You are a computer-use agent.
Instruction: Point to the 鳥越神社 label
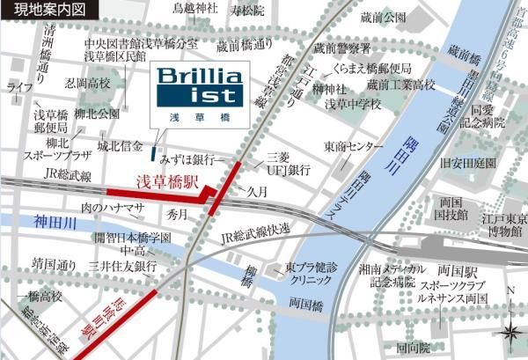pos(194,9)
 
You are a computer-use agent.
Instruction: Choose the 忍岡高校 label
pos(88,84)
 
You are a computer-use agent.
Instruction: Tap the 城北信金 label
pos(120,145)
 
